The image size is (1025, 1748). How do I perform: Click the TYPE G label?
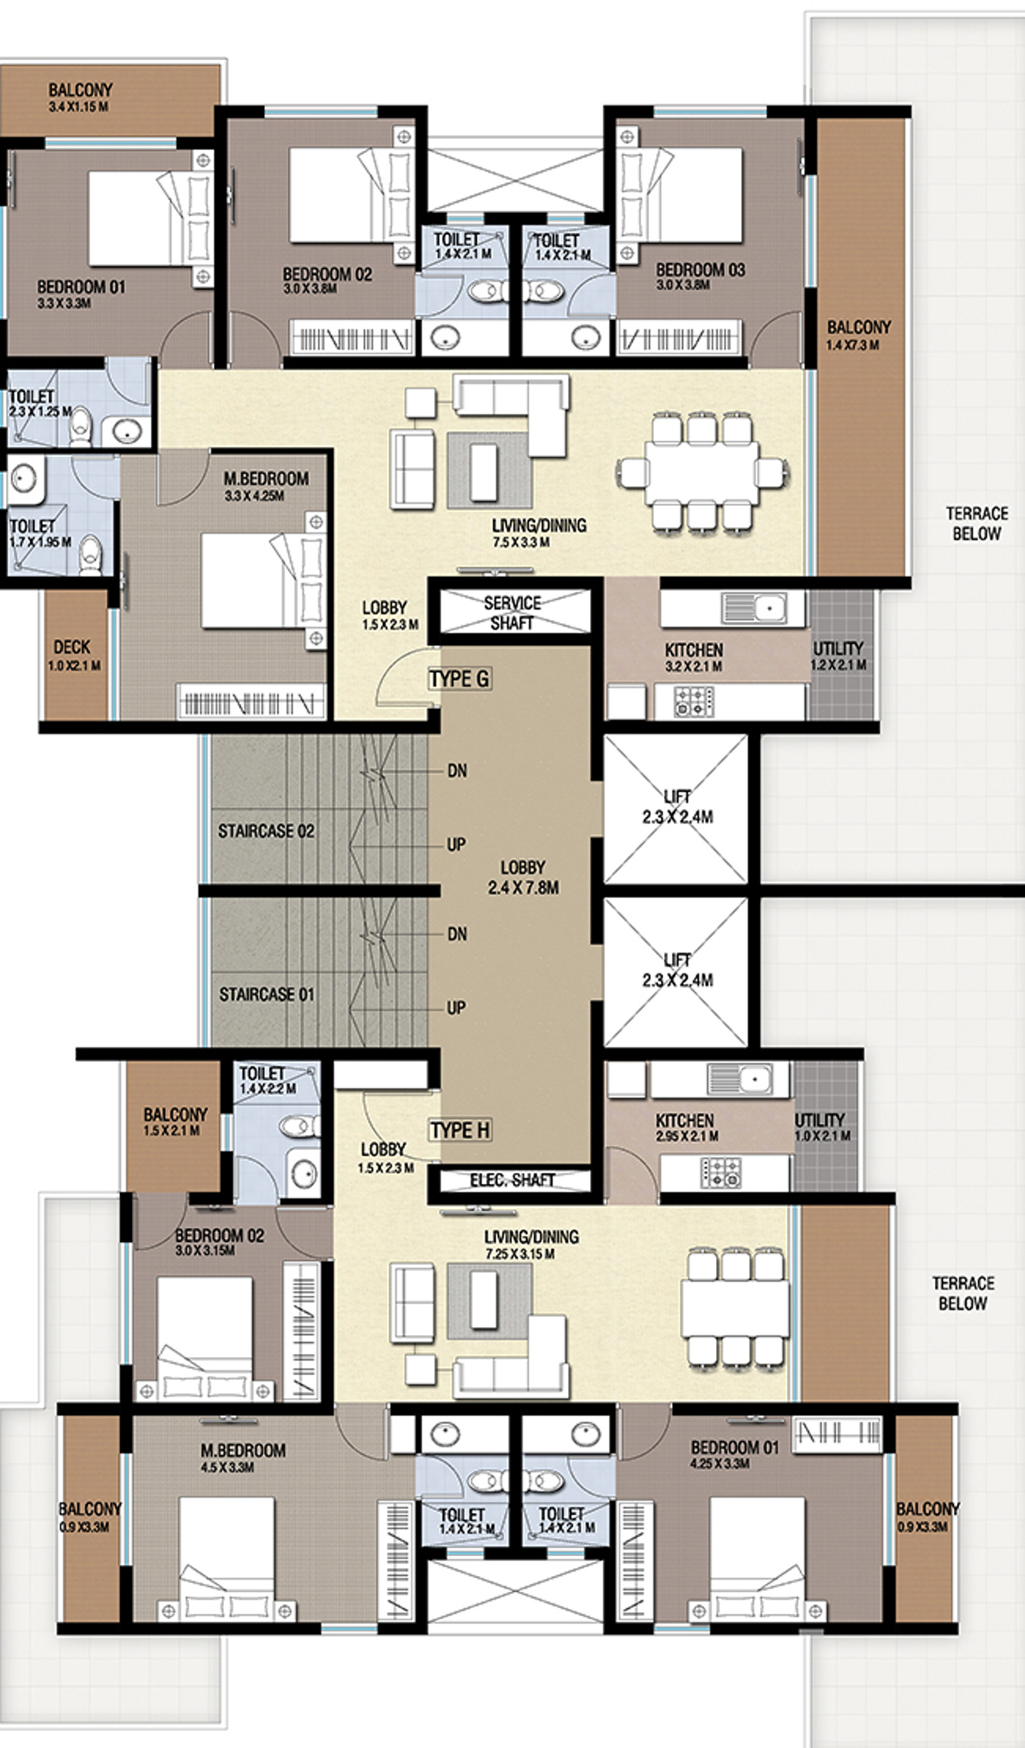[x=459, y=679]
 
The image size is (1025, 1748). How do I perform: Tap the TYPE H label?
[x=460, y=1130]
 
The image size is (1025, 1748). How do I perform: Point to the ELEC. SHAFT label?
[x=512, y=1180]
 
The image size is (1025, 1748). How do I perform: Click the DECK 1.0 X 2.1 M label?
[x=74, y=655]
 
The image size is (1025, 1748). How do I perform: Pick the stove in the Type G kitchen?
[x=693, y=701]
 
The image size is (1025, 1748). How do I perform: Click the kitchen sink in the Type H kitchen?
[x=739, y=1079]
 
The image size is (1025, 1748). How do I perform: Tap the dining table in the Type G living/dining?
[x=702, y=472]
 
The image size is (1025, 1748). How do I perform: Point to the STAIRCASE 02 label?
[x=266, y=831]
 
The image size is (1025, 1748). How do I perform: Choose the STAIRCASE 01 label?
[x=266, y=994]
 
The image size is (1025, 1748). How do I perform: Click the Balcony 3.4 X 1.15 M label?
[x=80, y=97]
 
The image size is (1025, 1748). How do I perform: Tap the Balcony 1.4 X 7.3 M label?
[x=859, y=335]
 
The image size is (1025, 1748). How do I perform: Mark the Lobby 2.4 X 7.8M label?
[x=523, y=877]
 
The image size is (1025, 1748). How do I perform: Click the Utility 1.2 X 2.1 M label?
[x=839, y=655]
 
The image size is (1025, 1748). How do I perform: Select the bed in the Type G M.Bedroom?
[x=264, y=580]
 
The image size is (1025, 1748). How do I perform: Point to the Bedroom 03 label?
[x=700, y=270]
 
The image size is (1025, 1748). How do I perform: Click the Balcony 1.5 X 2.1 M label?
[x=175, y=1122]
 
